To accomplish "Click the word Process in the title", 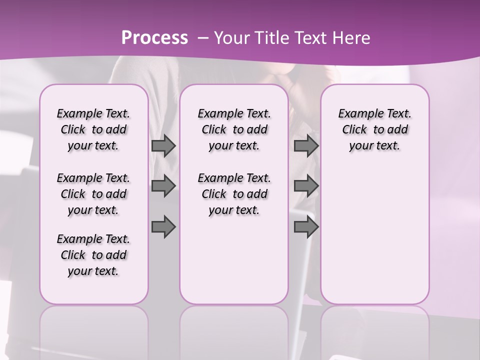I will [x=154, y=38].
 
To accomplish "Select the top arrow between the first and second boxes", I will [x=163, y=145].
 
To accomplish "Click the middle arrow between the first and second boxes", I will [x=163, y=186].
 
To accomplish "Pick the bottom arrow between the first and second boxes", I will [x=163, y=227].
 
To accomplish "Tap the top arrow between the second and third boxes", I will [x=306, y=145].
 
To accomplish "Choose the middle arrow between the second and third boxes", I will [x=306, y=186].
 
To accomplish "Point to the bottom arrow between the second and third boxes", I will [x=306, y=227].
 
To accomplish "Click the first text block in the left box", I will [x=93, y=129].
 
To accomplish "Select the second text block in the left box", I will [x=93, y=194].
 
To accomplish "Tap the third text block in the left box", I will [x=93, y=255].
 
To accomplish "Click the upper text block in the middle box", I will [x=234, y=129].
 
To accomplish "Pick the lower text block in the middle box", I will [x=234, y=194].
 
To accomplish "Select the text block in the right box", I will [x=374, y=129].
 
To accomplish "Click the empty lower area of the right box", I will [x=374, y=235].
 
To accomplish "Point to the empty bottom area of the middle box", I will [x=234, y=265].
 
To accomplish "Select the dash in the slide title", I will [x=203, y=38].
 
